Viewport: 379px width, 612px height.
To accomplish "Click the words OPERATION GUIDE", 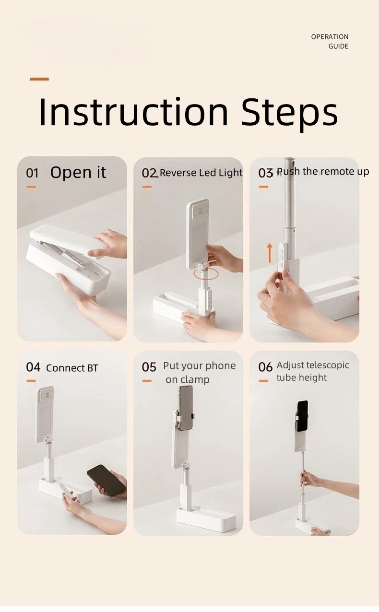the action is (x=330, y=42).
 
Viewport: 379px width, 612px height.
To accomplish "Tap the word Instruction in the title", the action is (x=134, y=112).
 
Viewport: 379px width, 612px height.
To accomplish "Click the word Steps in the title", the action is (x=290, y=115).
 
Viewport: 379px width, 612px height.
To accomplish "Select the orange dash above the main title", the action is (x=39, y=79).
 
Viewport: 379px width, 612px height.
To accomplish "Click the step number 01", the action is (x=32, y=173).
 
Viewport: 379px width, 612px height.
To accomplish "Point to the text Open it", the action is (x=78, y=172).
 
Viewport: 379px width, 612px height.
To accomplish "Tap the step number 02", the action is (x=149, y=173).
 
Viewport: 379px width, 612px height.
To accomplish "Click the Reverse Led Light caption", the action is (x=201, y=173).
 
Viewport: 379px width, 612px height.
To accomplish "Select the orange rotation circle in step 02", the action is (x=205, y=273).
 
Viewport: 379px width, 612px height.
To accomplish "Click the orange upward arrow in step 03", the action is (x=270, y=253).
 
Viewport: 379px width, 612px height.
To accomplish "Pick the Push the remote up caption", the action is (x=323, y=171).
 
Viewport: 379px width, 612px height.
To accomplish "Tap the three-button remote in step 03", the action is (x=282, y=257).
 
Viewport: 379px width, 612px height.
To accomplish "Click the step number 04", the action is (x=33, y=367).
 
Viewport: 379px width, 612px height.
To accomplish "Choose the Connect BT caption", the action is (x=72, y=368).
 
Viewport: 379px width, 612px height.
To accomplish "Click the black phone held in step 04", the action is (x=106, y=481).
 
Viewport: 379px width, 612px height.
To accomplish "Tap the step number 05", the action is (x=149, y=367).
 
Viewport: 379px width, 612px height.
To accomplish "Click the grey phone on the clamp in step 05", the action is (x=186, y=408).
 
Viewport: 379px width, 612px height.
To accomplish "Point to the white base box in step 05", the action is (x=206, y=519).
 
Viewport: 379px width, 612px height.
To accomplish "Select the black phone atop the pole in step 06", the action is (x=303, y=416).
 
